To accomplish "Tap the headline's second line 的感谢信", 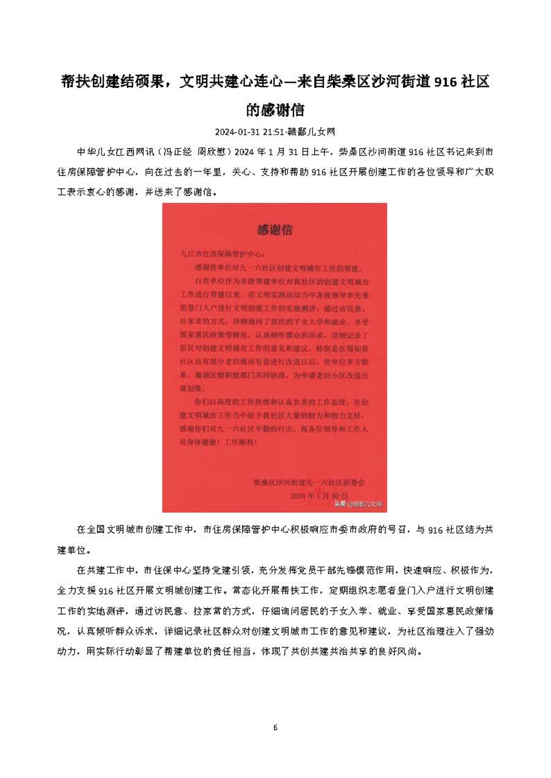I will tap(275, 110).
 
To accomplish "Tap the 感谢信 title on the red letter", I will tap(274, 230).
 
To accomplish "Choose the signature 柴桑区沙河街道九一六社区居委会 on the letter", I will tap(309, 483).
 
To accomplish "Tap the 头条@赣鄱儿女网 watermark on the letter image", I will tap(358, 504).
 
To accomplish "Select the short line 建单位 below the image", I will tap(70, 550).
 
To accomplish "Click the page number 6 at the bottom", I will tap(275, 728).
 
